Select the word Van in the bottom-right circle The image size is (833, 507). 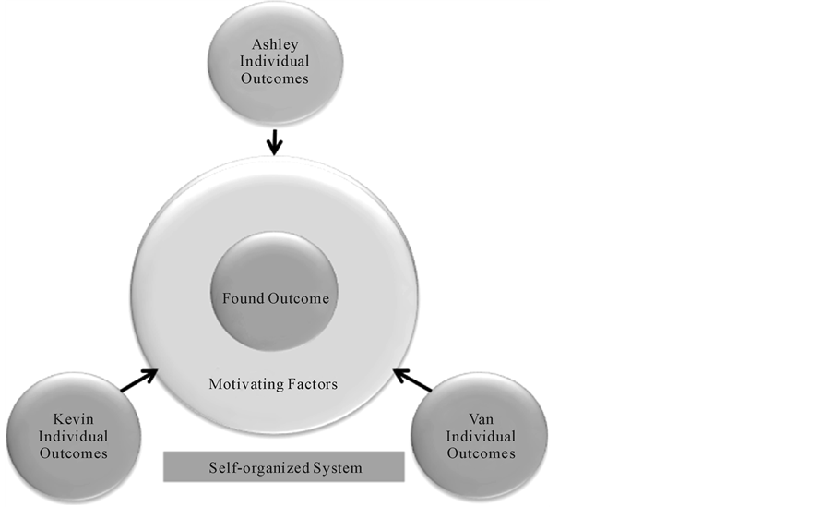[x=480, y=418]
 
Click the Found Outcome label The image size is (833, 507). [x=275, y=298]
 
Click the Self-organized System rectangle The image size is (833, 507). [x=284, y=467]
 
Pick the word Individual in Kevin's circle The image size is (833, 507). [x=74, y=436]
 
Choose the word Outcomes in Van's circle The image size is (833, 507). [x=480, y=453]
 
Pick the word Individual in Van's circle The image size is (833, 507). [x=480, y=436]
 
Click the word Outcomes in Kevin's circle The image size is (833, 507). [x=74, y=453]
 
